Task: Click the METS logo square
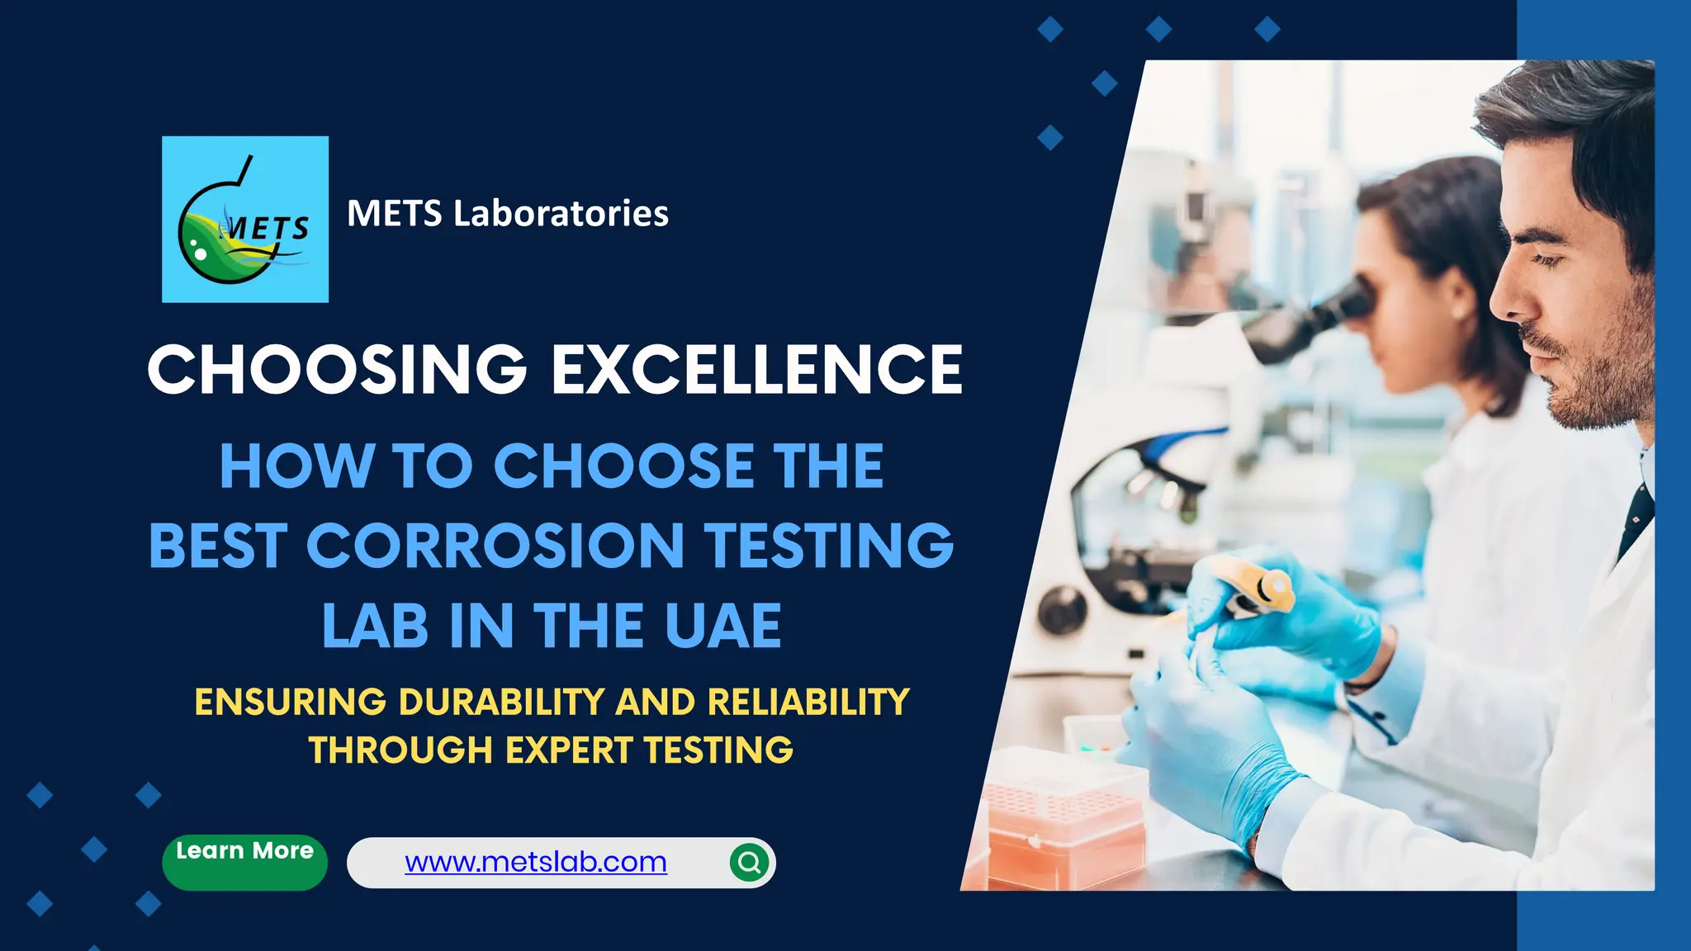tap(245, 220)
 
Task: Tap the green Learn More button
tap(244, 860)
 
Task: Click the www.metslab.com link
tap(535, 862)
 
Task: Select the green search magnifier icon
tap(750, 863)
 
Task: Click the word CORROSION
tap(495, 546)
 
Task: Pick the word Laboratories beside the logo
tap(561, 213)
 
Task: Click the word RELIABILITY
tap(808, 703)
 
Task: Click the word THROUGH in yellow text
tap(400, 750)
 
